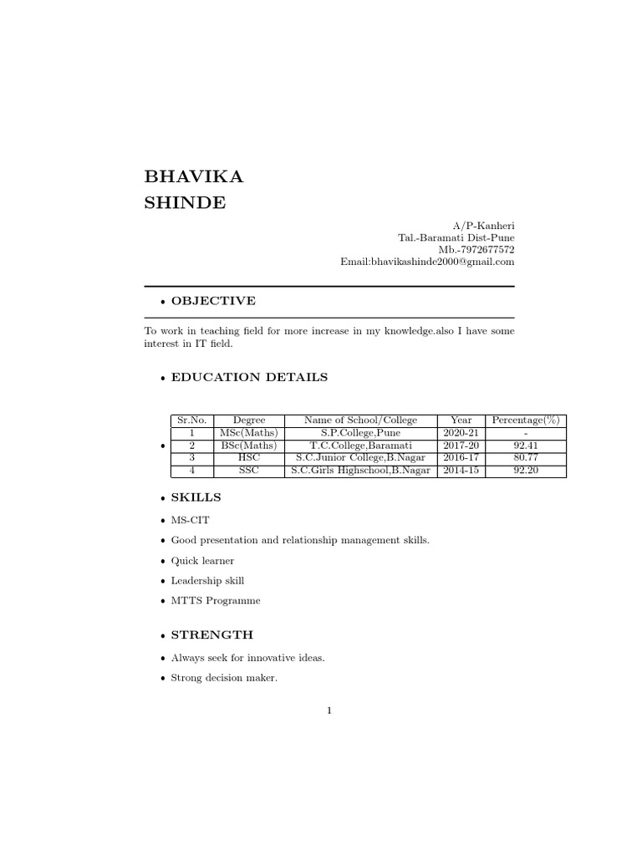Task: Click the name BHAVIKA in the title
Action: tap(194, 176)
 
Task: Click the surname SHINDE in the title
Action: tap(185, 203)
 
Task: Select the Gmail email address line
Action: tap(427, 262)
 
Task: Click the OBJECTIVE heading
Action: tap(213, 301)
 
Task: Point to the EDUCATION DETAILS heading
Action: tap(249, 377)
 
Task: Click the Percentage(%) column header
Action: tap(525, 420)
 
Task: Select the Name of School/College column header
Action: tap(360, 420)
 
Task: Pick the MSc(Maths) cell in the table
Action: tap(249, 433)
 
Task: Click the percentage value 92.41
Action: tap(525, 446)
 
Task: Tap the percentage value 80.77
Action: tap(525, 458)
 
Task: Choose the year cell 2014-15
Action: tap(461, 471)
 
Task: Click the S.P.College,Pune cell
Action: tap(360, 433)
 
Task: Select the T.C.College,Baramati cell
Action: tap(360, 446)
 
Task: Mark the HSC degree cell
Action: tap(249, 458)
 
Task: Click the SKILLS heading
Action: tap(196, 497)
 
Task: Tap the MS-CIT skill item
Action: tap(190, 521)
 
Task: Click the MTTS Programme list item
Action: tap(216, 601)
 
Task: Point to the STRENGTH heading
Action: tap(211, 635)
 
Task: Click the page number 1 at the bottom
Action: tap(329, 711)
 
